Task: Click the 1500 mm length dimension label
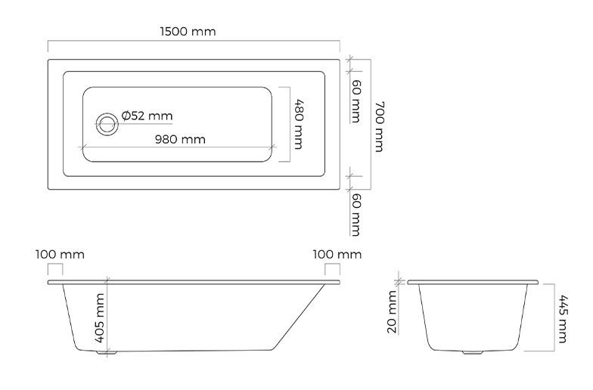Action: (x=188, y=32)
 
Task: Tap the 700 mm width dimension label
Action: (x=380, y=127)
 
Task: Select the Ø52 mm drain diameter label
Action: (x=147, y=115)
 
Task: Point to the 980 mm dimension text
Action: (x=180, y=139)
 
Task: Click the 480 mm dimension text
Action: (x=299, y=124)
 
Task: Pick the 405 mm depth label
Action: (x=100, y=318)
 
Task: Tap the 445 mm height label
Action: (x=563, y=319)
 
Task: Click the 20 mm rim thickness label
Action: (x=392, y=312)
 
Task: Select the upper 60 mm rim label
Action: (x=355, y=101)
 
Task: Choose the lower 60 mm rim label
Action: (x=355, y=215)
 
